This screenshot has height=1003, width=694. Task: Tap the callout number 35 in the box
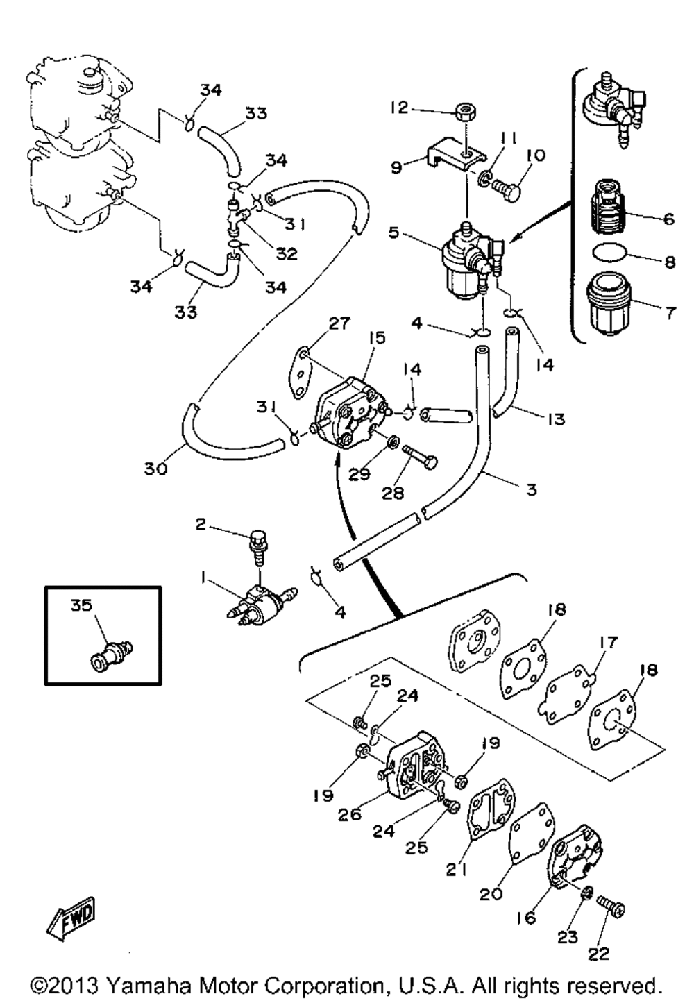[x=81, y=605]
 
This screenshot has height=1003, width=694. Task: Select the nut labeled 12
[x=466, y=111]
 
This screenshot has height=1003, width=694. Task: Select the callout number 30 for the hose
[x=156, y=469]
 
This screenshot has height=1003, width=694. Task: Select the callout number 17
[x=608, y=643]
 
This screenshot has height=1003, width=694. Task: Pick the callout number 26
[x=350, y=814]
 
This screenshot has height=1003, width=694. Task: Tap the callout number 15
[x=377, y=338]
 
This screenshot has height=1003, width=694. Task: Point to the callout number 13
[x=555, y=419]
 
